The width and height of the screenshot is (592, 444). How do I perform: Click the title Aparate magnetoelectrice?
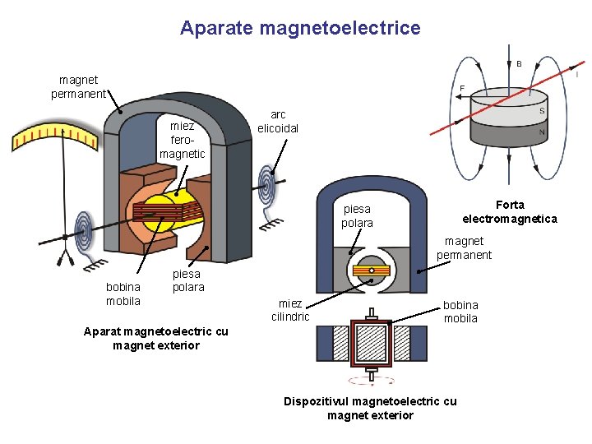click(x=300, y=29)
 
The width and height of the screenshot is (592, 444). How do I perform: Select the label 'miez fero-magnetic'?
click(x=183, y=140)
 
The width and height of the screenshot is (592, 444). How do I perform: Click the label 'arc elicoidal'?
click(x=278, y=122)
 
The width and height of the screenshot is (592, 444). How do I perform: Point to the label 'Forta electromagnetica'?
click(x=510, y=211)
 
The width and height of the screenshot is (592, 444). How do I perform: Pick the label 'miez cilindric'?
click(x=290, y=310)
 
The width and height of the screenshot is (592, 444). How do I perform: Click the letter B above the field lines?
click(x=519, y=63)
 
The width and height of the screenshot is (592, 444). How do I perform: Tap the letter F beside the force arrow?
click(x=462, y=88)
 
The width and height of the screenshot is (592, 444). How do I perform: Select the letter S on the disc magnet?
click(x=542, y=111)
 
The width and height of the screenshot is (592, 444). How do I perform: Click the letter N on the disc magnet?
click(x=542, y=132)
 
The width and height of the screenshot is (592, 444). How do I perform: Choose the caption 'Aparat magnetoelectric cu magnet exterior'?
click(x=156, y=339)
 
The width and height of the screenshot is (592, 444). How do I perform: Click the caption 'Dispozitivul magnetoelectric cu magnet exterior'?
click(x=370, y=408)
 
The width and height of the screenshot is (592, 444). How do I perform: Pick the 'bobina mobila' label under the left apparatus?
click(x=123, y=294)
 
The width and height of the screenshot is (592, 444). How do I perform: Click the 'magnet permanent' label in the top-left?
click(x=78, y=86)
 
